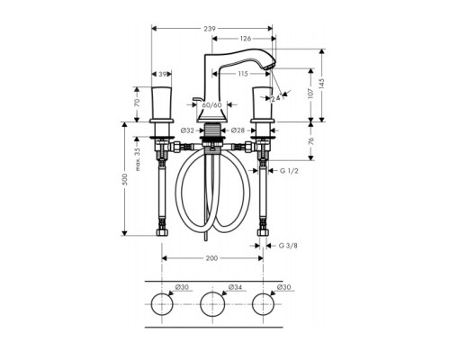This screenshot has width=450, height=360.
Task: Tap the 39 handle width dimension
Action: click(x=163, y=75)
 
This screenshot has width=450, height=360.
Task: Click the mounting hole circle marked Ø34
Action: click(x=212, y=302)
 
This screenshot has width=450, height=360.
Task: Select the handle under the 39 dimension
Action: click(x=162, y=104)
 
